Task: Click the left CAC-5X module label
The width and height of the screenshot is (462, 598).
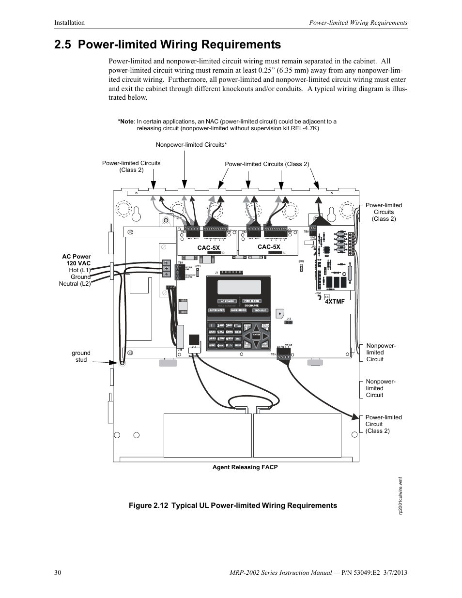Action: pos(208,247)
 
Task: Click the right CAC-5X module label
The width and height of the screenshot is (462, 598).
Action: pos(269,246)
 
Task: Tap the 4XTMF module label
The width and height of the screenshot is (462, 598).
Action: pos(334,302)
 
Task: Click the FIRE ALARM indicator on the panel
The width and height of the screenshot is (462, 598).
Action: pos(252,301)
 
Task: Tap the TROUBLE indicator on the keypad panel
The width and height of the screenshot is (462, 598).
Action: pos(260,310)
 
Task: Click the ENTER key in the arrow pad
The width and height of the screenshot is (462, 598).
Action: pos(256,335)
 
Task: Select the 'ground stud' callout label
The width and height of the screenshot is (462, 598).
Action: pos(81,356)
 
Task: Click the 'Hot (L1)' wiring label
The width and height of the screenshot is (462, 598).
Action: pos(80,270)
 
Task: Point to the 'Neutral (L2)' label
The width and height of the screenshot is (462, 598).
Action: pos(75,284)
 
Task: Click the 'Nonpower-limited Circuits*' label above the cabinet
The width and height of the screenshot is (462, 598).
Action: pos(191,145)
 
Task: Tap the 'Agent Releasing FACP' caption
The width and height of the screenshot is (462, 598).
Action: pos(245,467)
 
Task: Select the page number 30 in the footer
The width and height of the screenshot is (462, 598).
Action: pos(58,573)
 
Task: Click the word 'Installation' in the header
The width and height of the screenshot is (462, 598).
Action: pos(69,23)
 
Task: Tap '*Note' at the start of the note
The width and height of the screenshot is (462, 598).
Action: pos(125,122)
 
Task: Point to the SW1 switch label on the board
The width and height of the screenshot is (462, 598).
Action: pos(301,261)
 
